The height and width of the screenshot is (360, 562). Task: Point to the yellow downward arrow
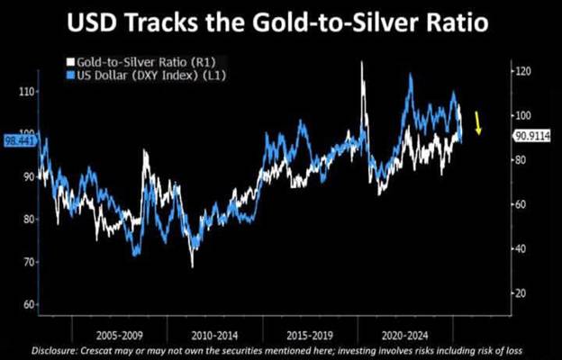coord(478,121)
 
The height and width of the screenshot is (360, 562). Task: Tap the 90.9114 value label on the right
coord(532,138)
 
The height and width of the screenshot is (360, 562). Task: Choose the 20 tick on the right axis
coord(520,293)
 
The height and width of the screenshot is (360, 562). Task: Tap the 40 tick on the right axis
coord(520,249)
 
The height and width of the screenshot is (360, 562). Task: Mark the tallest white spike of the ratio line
coord(361,63)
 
